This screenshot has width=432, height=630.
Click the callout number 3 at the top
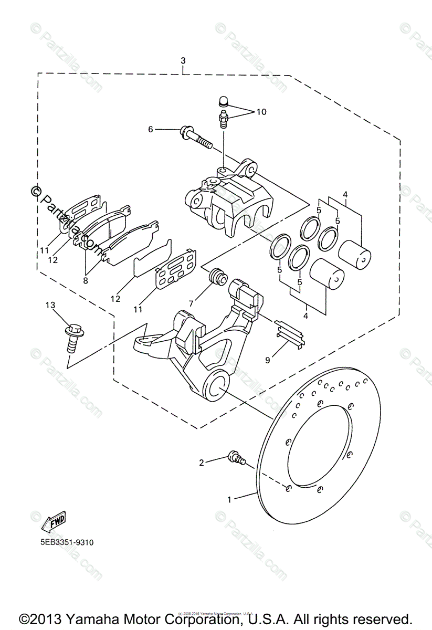pos(183,61)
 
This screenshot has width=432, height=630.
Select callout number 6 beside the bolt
pos(151,129)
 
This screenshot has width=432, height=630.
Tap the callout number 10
pos(261,112)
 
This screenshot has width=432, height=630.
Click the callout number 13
pos(50,305)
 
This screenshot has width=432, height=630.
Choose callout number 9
pos(268,360)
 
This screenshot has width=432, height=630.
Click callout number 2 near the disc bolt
pos(201,463)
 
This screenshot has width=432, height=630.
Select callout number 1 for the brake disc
pos(229,500)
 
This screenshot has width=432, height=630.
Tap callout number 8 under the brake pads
pos(86,280)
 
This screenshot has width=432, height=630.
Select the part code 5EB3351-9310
pos(61,542)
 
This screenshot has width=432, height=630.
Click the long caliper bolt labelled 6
pos(195,135)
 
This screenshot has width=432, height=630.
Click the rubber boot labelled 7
pos(217,277)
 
